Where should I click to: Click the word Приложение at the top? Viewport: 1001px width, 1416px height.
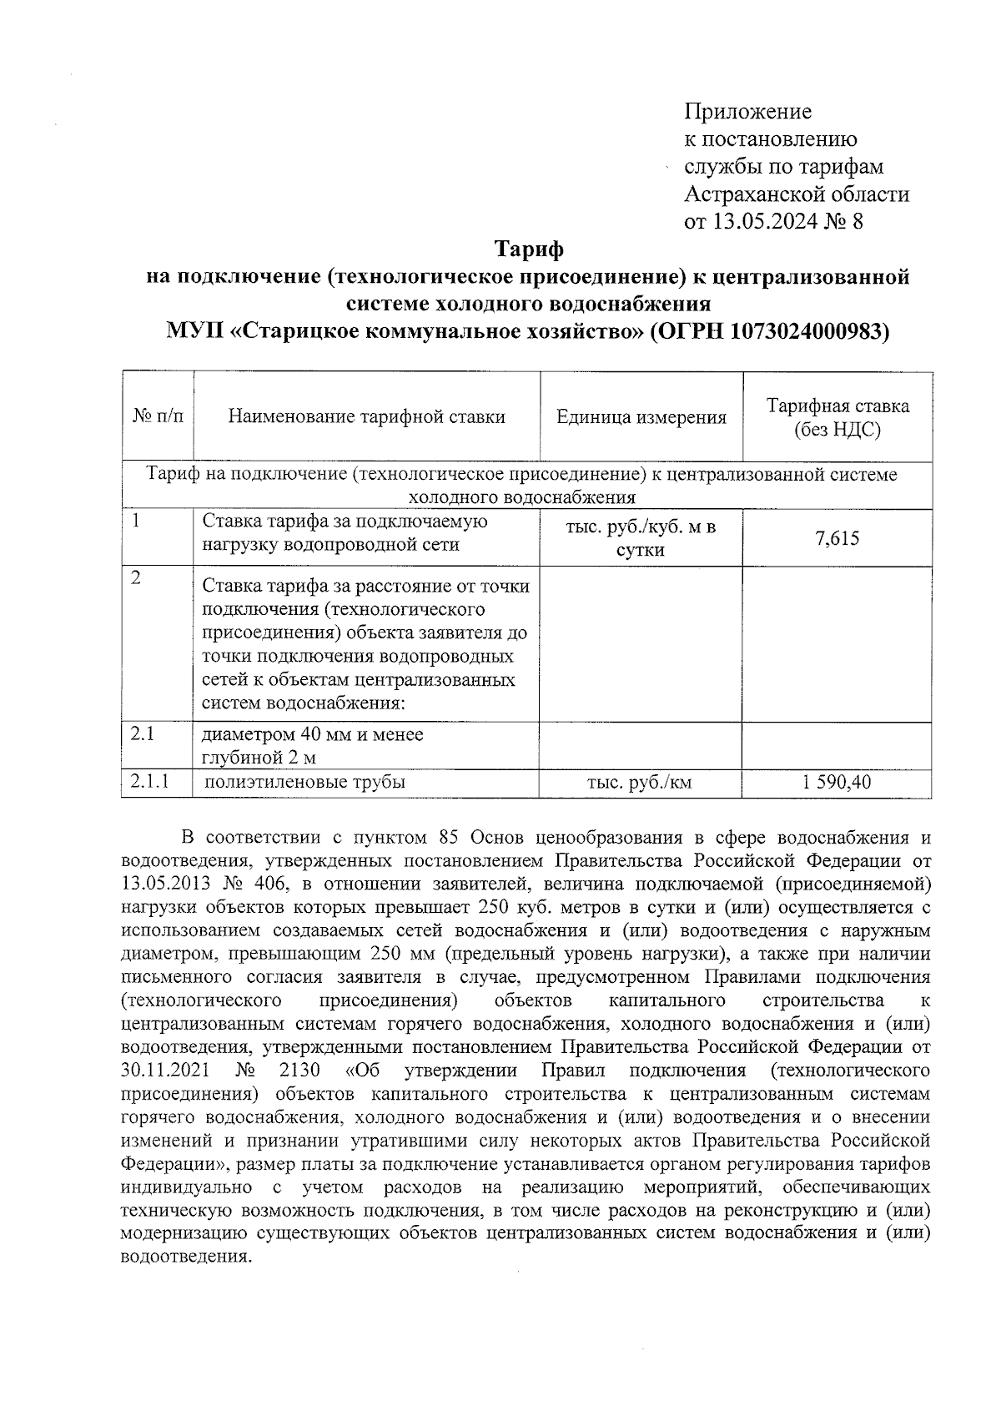pos(747,111)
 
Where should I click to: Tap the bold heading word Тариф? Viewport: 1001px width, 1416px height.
pos(529,249)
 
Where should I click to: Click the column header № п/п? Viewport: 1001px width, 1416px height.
pos(158,416)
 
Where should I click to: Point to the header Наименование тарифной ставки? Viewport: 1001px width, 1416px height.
pos(366,416)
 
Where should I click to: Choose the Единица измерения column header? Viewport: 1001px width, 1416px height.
pos(641,417)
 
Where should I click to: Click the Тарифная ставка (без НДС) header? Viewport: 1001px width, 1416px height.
pos(838,417)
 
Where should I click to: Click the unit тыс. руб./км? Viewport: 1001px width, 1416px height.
pos(640,783)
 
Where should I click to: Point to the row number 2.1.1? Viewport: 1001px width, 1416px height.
pos(150,782)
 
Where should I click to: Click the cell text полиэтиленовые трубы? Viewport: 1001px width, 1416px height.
pos(305,783)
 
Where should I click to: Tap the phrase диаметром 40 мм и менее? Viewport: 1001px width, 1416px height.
pos(313,734)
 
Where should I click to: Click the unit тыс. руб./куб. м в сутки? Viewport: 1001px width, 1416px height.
pos(641,538)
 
